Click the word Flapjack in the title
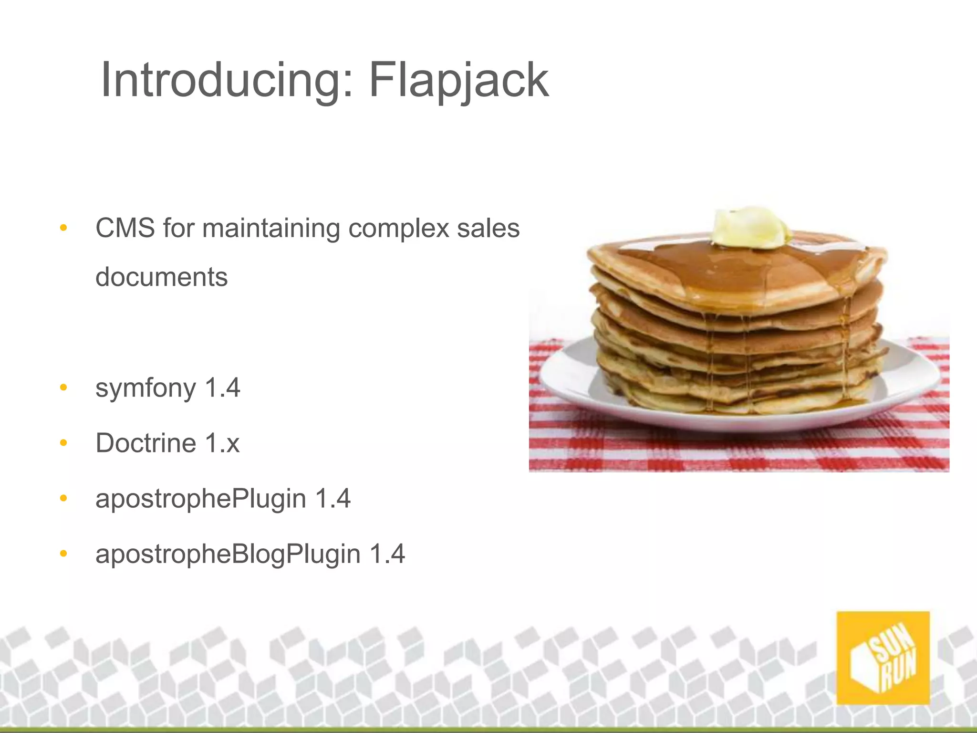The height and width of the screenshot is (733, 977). (459, 80)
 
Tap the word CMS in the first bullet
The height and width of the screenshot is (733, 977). (125, 228)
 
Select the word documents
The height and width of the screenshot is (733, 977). (162, 277)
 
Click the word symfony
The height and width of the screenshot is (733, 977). (146, 388)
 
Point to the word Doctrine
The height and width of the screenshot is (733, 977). (146, 443)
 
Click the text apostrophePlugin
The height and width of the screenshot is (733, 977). (200, 499)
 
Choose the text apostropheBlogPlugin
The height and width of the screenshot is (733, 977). (228, 555)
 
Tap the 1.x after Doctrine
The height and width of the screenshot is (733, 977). (222, 443)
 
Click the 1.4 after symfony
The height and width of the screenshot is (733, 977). (222, 387)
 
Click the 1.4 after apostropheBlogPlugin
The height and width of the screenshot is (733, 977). (387, 554)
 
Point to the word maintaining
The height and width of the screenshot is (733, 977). (271, 228)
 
